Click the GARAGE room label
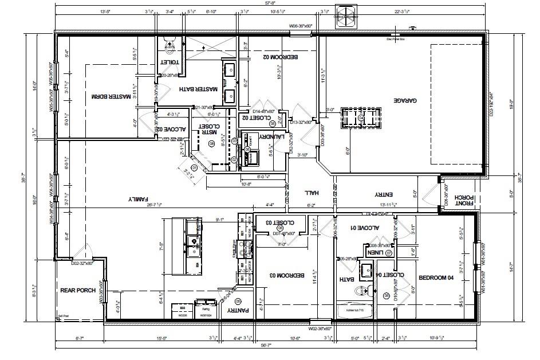(x=404, y=100)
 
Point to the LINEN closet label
(x=376, y=252)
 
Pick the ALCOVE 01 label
(x=365, y=228)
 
